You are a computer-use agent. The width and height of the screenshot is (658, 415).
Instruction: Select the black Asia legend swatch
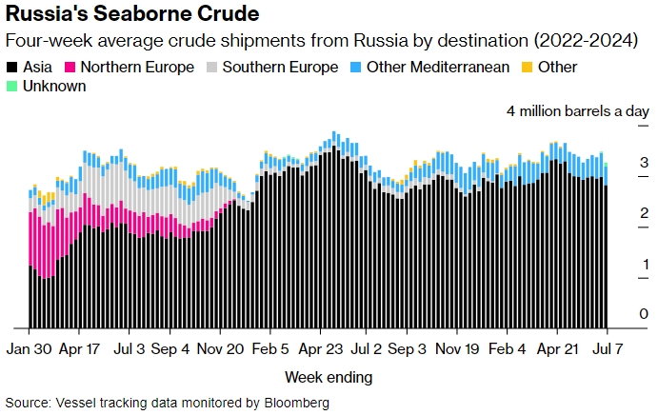(11, 68)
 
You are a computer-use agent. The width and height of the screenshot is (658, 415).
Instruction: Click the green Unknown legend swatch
(11, 87)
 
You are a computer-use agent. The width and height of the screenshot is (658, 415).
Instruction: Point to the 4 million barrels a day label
(578, 111)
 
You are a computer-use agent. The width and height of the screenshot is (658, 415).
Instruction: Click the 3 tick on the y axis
(645, 162)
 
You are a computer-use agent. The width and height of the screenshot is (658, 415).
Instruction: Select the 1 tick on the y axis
(645, 264)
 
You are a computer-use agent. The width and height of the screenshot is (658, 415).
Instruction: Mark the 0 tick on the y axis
(645, 314)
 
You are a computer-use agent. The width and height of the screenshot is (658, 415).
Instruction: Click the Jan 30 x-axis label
(30, 348)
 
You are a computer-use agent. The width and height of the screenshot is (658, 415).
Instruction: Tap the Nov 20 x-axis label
(219, 348)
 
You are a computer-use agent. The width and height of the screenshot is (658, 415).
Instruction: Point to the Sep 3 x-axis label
(408, 348)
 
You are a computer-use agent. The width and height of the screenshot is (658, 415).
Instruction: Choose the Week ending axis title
(329, 377)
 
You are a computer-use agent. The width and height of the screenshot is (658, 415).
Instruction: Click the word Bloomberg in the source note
(295, 404)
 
